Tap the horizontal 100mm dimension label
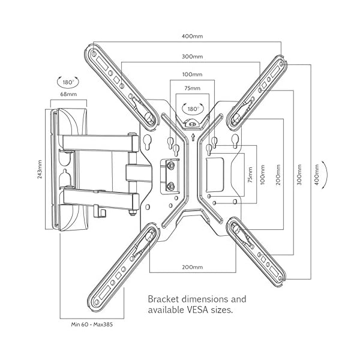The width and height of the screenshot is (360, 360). [x=192, y=74]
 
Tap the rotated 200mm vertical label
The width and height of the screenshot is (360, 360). [x=278, y=169]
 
